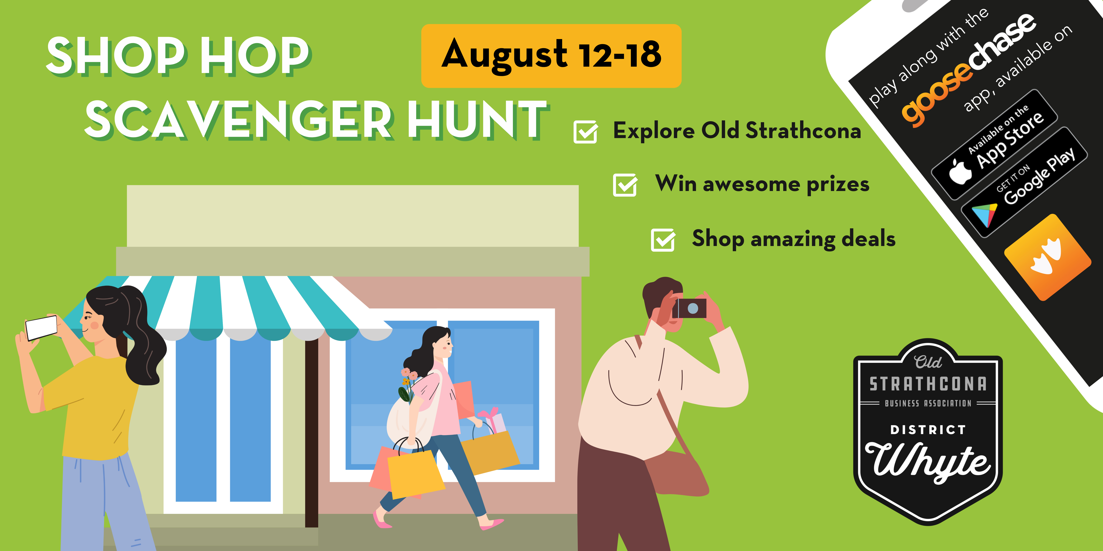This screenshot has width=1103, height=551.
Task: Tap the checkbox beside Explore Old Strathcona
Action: tap(585, 132)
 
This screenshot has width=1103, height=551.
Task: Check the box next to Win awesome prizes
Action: tap(625, 185)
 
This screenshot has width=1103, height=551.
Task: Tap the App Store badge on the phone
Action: tap(994, 145)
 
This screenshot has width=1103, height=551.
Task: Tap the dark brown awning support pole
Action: tap(312, 432)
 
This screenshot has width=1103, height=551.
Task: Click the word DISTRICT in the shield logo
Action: tap(928, 430)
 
